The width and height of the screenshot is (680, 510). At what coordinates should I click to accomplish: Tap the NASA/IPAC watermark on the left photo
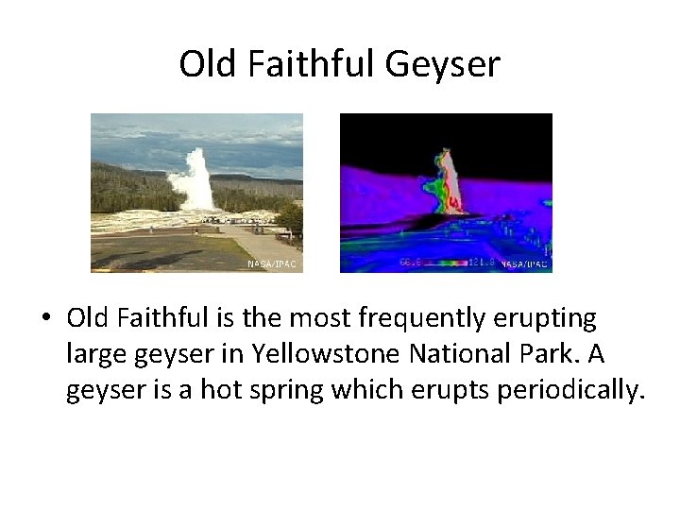pos(272,264)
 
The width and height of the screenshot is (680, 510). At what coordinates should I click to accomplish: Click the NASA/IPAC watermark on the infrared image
pos(524,263)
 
